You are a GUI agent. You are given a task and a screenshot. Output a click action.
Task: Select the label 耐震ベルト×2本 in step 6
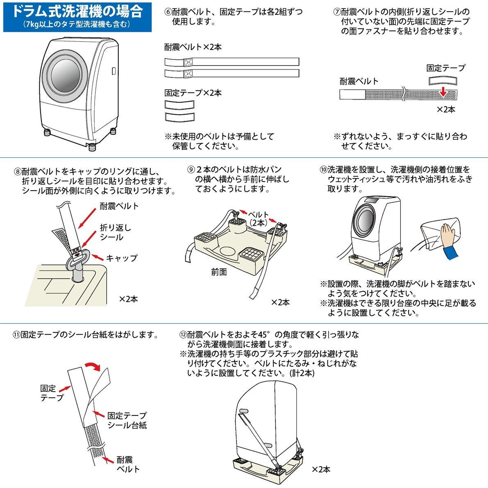pos(193,47)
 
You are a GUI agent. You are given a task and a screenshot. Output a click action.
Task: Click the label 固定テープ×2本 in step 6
pos(193,93)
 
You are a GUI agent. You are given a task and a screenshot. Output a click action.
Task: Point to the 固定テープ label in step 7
pos(445,68)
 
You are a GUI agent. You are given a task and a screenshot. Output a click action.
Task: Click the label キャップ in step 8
pos(122,258)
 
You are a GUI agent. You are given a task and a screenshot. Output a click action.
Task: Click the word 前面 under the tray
pos(219,272)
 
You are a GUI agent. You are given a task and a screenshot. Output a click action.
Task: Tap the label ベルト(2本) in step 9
pos(259,218)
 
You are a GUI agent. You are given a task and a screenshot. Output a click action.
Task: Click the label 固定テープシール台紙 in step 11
pos(127,420)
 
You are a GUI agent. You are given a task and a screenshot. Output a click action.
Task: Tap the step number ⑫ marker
pos(183,335)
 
